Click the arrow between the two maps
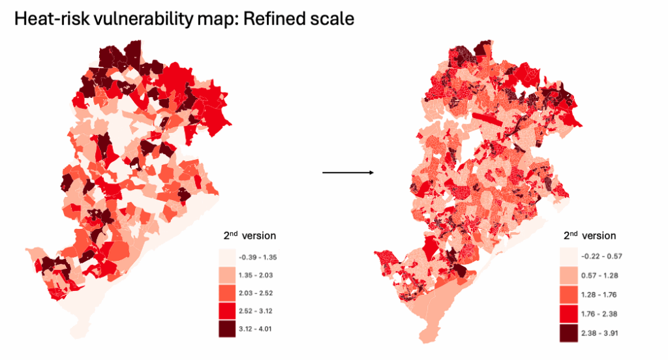[x=348, y=173]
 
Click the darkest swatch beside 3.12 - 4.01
[x=228, y=329]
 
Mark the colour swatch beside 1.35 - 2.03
[x=228, y=275]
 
